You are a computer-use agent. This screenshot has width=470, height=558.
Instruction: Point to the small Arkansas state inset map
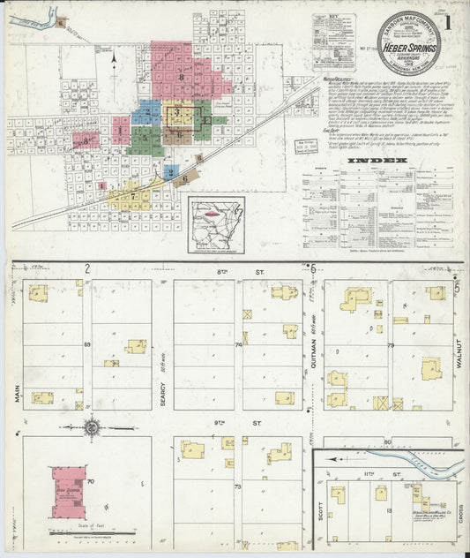coord(217,221)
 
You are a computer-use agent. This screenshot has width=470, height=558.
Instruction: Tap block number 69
coord(87,344)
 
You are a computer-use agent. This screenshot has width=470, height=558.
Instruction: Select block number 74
coord(238,345)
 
